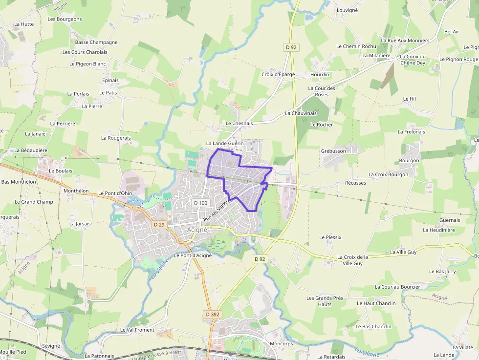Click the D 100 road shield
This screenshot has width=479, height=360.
pyautogui.click(x=200, y=203)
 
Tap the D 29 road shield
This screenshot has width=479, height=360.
pyautogui.click(x=159, y=225)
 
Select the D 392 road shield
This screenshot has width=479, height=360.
pyautogui.click(x=213, y=315)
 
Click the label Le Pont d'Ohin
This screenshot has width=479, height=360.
pyautogui.click(x=115, y=193)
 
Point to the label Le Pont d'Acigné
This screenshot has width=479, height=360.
pyautogui.click(x=193, y=255)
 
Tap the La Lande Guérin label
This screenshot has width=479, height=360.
pyautogui.click(x=225, y=144)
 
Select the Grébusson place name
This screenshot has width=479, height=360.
pyautogui.click(x=333, y=151)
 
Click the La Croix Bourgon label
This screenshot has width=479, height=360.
pyautogui.click(x=388, y=174)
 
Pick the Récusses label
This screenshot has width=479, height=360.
pyautogui.click(x=355, y=183)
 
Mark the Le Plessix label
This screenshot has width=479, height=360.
pyautogui.click(x=330, y=237)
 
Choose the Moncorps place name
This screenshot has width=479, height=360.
pyautogui.click(x=282, y=344)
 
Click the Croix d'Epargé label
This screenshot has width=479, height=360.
pyautogui.click(x=278, y=74)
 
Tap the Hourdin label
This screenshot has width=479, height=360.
pyautogui.click(x=320, y=74)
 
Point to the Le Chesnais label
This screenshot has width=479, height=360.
pyautogui.click(x=239, y=124)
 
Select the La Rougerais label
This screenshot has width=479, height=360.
pyautogui.click(x=116, y=138)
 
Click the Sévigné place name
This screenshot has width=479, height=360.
pyautogui.click(x=51, y=346)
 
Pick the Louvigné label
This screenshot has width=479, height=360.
pyautogui.click(x=348, y=10)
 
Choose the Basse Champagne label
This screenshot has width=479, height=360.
pyautogui.click(x=96, y=42)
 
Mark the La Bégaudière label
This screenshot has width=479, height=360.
pyautogui.click(x=31, y=150)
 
